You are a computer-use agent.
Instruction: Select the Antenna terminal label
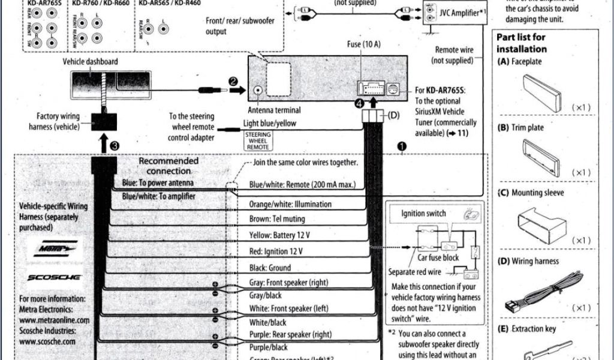pyautogui.click(x=274, y=110)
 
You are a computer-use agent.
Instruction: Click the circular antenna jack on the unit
pyautogui.click(x=258, y=90)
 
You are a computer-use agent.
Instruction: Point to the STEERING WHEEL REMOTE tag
pyautogui.click(x=258, y=139)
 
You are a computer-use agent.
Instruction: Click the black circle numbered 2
pyautogui.click(x=233, y=81)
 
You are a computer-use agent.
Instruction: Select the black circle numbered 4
pyautogui.click(x=359, y=103)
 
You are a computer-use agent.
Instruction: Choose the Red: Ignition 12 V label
pyautogui.click(x=276, y=251)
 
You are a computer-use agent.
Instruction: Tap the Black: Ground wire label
pyautogui.click(x=270, y=268)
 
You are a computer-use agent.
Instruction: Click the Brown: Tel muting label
pyautogui.click(x=277, y=219)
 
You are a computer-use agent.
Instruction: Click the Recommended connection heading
pyautogui.click(x=168, y=166)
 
